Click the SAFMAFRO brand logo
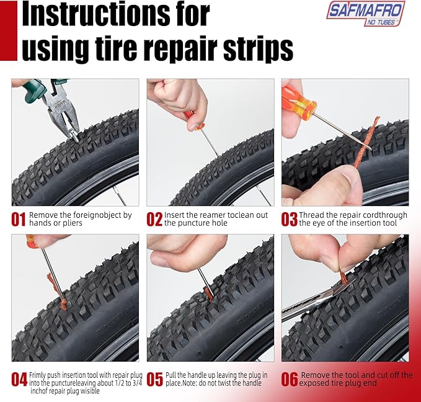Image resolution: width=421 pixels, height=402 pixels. [x=366, y=14]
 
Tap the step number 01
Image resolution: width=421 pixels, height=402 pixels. [x=18, y=219]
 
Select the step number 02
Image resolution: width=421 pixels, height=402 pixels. [x=154, y=219]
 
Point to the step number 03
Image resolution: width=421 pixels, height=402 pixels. [x=290, y=219]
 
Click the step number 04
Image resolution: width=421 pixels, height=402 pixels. [x=19, y=379]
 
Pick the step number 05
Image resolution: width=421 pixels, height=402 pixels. [x=155, y=379]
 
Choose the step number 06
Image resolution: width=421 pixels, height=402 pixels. [x=290, y=379]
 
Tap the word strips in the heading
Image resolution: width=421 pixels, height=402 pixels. [x=258, y=48]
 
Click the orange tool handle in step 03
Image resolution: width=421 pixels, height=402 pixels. [x=300, y=100]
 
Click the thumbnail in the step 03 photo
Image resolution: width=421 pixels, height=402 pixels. [x=353, y=177]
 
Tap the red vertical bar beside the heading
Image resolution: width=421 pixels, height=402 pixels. [x=9, y=30]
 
